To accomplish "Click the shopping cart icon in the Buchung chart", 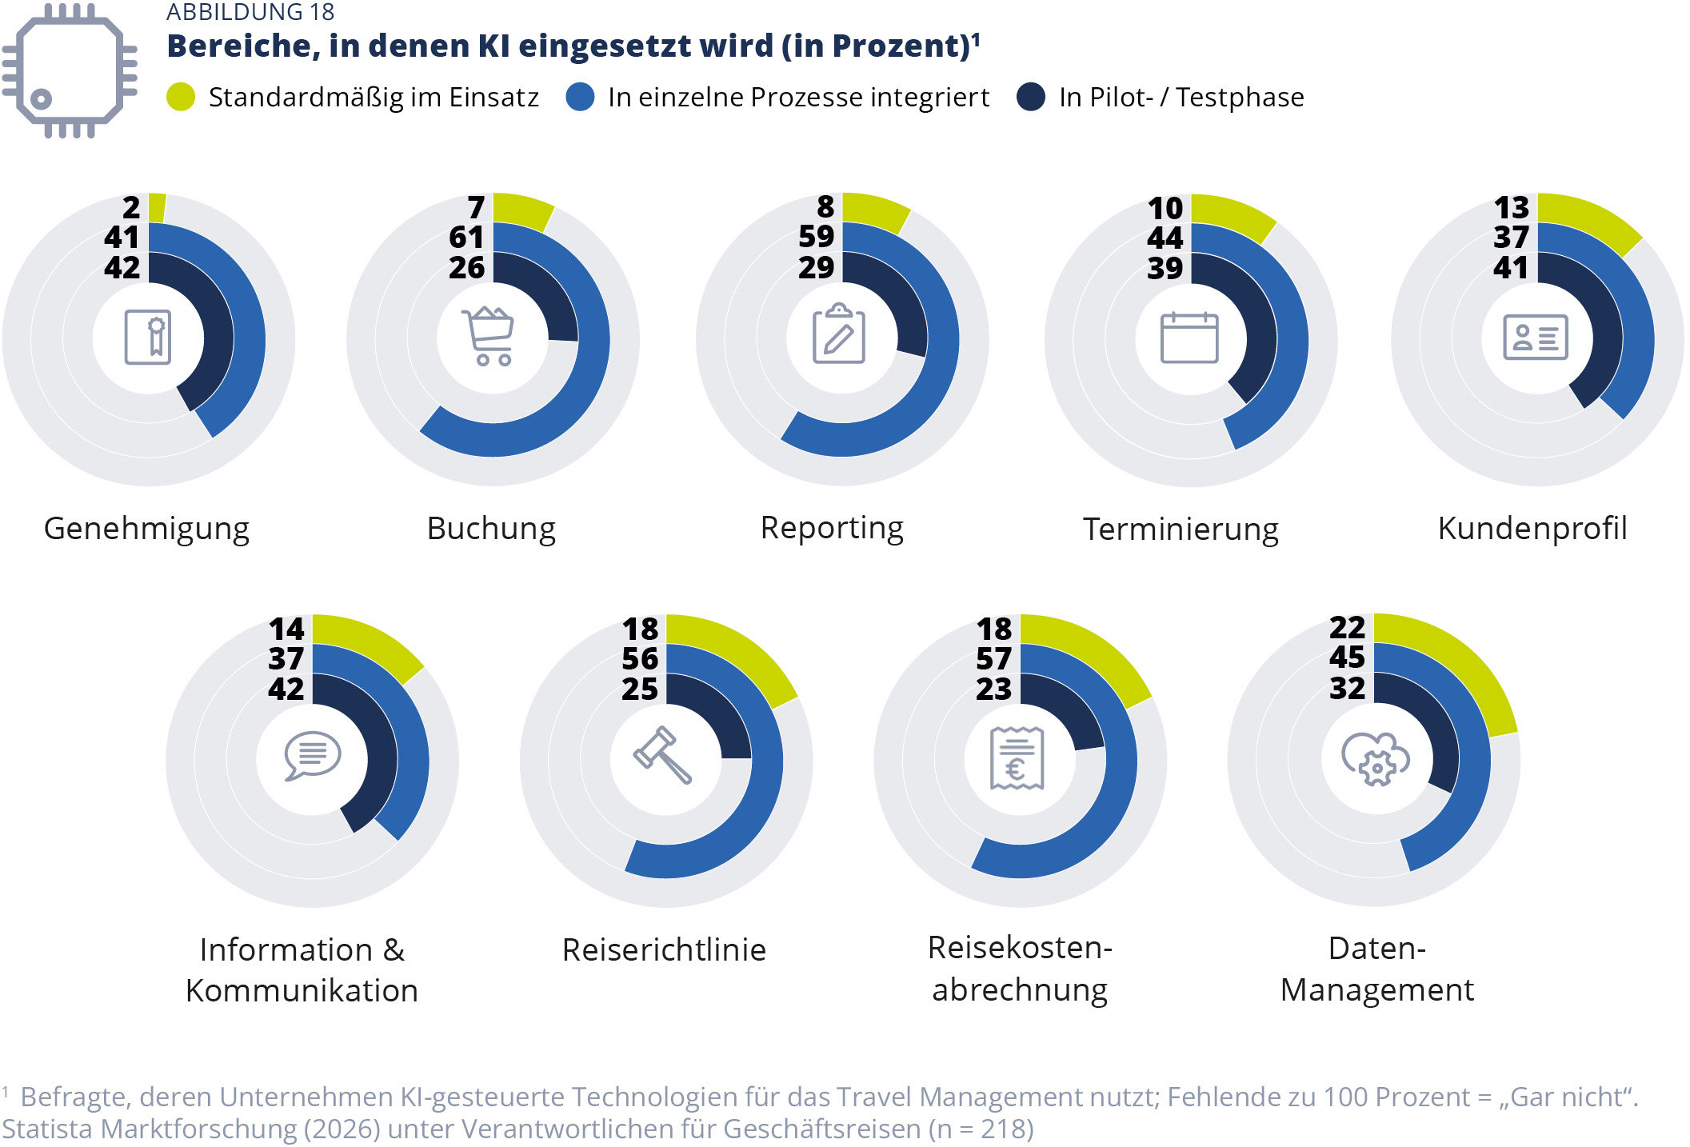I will (x=489, y=337).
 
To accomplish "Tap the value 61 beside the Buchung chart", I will (x=466, y=238).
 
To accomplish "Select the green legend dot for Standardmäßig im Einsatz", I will (x=181, y=97).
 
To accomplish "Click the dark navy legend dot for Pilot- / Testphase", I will (x=1031, y=97).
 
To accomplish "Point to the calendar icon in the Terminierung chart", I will (x=1189, y=338).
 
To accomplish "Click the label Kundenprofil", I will (x=1532, y=529).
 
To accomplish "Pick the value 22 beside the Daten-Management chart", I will (x=1347, y=628).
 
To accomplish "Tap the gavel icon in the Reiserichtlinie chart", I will (x=662, y=755).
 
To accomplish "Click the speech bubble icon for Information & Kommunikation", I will (x=312, y=755).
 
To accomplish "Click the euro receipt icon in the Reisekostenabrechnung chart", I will (x=1017, y=757).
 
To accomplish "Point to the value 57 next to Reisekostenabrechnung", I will (x=993, y=659).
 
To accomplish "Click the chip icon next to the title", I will (x=69, y=70).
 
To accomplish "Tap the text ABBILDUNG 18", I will (x=250, y=12).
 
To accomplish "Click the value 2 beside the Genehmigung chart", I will (x=131, y=208).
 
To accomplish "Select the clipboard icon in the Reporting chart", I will (x=838, y=334).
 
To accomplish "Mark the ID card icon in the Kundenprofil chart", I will (x=1535, y=337).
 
